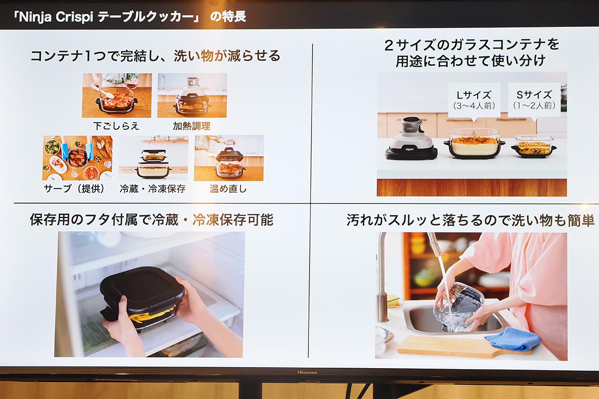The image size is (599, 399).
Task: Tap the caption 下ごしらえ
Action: pos(116,126)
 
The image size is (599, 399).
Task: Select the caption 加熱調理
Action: pos(192,126)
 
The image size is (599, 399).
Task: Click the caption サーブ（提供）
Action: pos(75,189)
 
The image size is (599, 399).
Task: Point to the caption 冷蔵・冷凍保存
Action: pos(153,189)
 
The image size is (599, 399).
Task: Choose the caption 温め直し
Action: pos(228,189)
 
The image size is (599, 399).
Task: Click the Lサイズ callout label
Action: pos(474,99)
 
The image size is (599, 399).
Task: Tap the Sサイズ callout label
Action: pos(535,99)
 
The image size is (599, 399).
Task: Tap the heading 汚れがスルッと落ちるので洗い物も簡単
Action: pos(470,220)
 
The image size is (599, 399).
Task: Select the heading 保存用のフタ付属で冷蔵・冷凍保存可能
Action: pos(151,220)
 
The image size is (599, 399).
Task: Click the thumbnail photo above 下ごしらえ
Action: pos(117,95)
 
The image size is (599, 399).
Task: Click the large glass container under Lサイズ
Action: pos(474,143)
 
